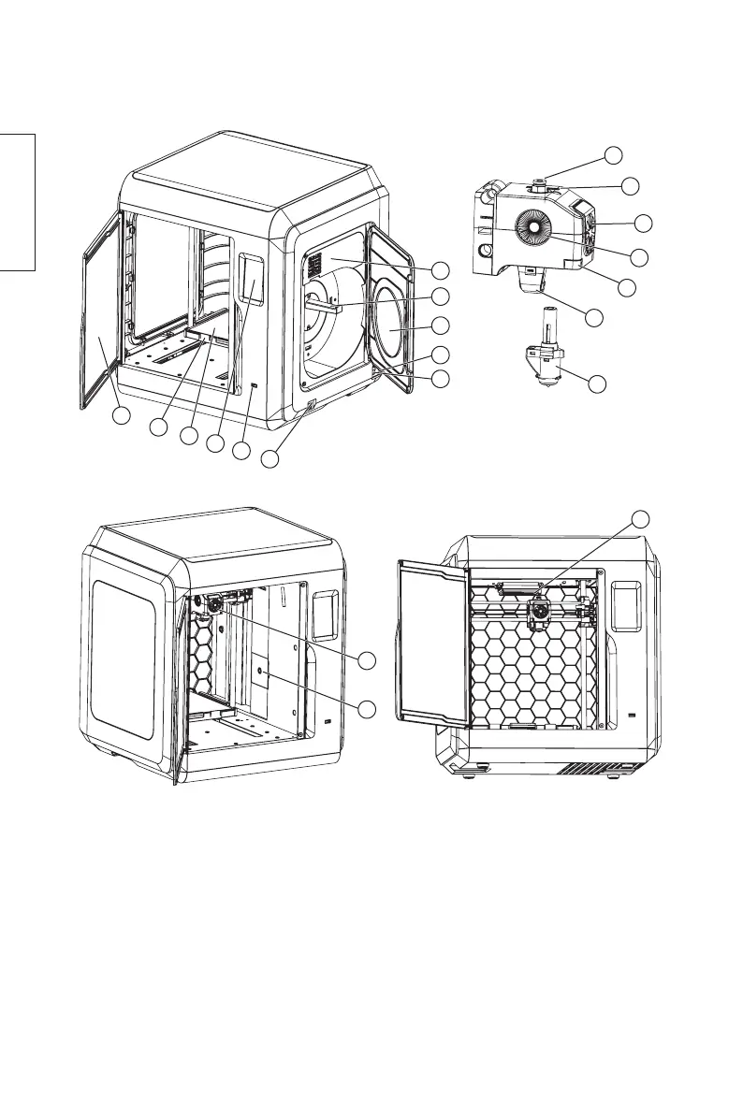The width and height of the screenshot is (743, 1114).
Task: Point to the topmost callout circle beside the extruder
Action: pos(613,155)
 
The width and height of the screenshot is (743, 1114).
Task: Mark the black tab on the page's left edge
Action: pos(17,201)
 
